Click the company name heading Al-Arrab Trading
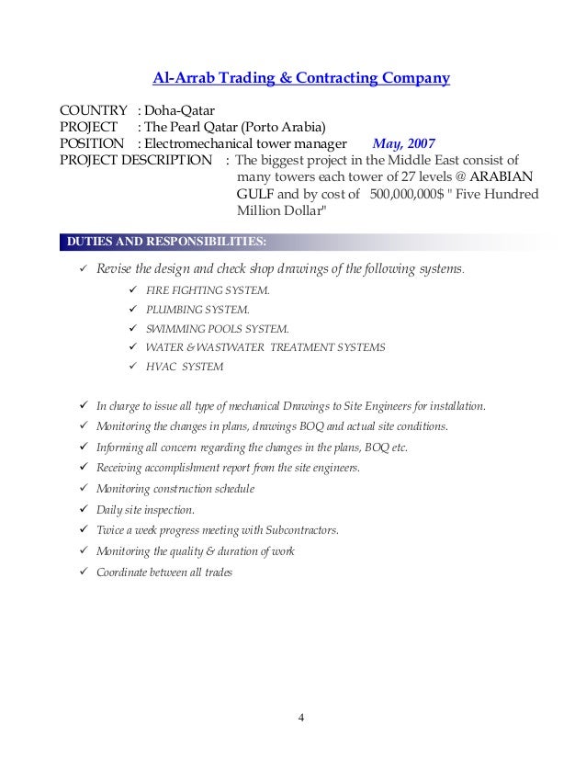(x=300, y=79)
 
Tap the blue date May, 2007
(x=404, y=143)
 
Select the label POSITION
(x=91, y=143)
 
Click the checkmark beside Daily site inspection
(x=84, y=509)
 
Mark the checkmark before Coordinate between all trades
(x=84, y=572)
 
